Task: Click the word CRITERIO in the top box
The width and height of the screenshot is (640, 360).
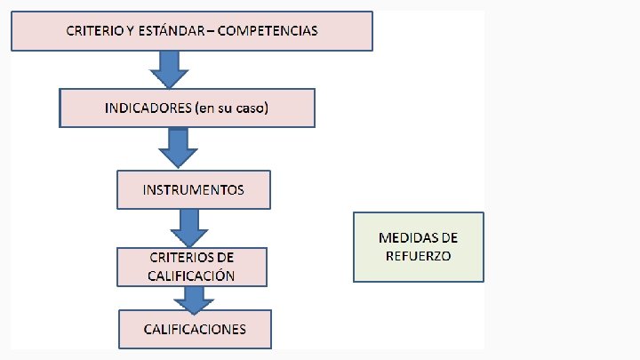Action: pyautogui.click(x=95, y=31)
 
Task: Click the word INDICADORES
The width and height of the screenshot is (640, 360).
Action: pyautogui.click(x=143, y=108)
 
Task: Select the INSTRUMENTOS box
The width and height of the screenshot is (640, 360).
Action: pyautogui.click(x=194, y=189)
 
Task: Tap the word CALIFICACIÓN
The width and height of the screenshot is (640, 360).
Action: pyautogui.click(x=192, y=275)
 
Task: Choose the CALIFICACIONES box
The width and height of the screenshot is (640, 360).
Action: pyautogui.click(x=195, y=329)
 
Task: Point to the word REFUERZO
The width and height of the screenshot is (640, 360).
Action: pyautogui.click(x=419, y=255)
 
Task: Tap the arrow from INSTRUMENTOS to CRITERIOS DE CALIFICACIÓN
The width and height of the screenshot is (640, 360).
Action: pyautogui.click(x=188, y=228)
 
